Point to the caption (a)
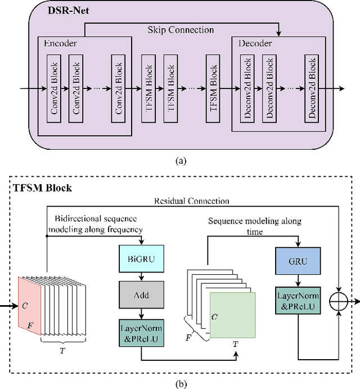[180, 160]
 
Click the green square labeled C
[232, 315]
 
